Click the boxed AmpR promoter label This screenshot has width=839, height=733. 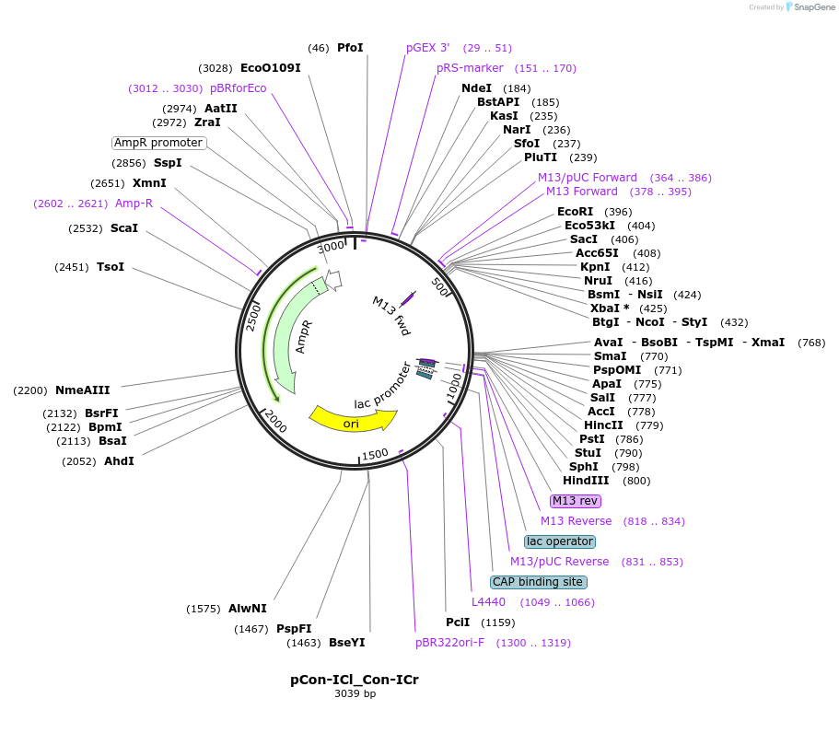[158, 143]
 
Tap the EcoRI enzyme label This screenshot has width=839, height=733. [575, 212]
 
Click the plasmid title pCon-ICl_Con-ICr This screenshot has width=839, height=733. [355, 680]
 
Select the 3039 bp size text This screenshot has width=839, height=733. [355, 693]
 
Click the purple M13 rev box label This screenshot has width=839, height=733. [575, 501]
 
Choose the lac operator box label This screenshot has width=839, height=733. [560, 541]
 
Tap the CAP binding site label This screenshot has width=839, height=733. [539, 582]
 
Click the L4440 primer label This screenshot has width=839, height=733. [488, 602]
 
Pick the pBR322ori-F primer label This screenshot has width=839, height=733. [449, 643]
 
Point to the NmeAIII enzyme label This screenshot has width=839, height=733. [82, 390]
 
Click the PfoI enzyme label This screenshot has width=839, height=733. [350, 48]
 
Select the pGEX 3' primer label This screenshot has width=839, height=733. [428, 48]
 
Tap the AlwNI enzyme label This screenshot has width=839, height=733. [247, 609]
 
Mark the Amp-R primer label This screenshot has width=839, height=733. [134, 204]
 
